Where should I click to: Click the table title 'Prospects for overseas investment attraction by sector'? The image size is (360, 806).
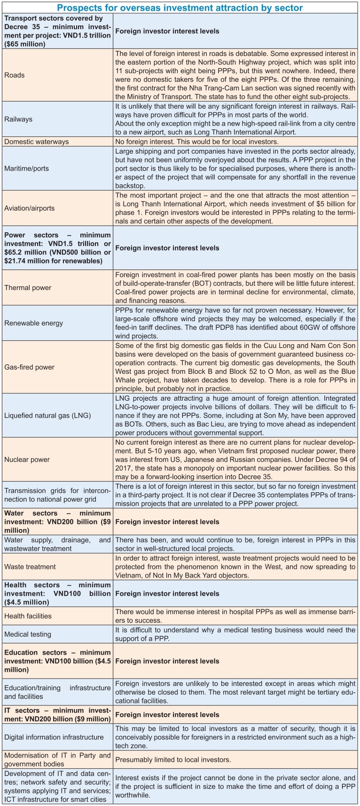180,8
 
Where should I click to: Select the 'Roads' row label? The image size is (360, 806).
15,75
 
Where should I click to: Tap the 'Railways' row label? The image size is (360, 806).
18,119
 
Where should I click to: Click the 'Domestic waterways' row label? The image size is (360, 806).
37,142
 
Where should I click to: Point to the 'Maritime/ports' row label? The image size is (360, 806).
27,168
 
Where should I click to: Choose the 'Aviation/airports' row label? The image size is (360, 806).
30,208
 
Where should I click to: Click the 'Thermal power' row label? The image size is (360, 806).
28,288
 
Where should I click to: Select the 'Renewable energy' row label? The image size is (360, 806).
33,323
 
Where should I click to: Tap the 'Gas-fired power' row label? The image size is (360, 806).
30,367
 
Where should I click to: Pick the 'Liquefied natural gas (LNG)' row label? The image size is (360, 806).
47,415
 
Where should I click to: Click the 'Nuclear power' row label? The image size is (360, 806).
27,459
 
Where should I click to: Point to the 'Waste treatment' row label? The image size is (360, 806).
30,567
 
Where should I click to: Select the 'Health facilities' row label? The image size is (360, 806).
28,616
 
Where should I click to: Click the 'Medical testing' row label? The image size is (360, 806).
28,634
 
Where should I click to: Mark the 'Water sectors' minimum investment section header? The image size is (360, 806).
57,522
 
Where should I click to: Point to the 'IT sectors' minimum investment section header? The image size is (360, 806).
57,714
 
